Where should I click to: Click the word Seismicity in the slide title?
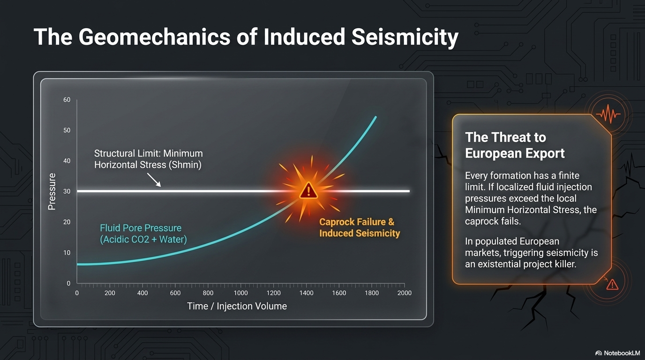(x=405, y=37)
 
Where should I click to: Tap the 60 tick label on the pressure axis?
(x=67, y=100)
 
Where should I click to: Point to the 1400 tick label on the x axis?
(x=306, y=293)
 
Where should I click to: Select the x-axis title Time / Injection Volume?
(x=237, y=306)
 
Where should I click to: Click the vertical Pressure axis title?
(x=52, y=192)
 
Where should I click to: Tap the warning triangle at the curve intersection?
(x=308, y=191)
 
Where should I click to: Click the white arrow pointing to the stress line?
(x=154, y=180)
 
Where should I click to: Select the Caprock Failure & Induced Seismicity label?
(x=360, y=227)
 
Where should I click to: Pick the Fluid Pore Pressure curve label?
(x=143, y=233)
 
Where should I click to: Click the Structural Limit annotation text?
(x=148, y=159)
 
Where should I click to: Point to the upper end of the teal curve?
(x=376, y=117)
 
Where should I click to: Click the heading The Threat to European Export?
(x=515, y=145)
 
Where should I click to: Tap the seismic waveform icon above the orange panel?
(x=608, y=114)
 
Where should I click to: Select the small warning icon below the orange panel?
(x=612, y=285)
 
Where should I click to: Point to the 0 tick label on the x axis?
(x=77, y=293)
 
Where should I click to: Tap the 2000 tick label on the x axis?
(x=404, y=293)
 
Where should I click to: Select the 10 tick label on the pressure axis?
(x=67, y=253)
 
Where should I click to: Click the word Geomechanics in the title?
(x=154, y=37)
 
